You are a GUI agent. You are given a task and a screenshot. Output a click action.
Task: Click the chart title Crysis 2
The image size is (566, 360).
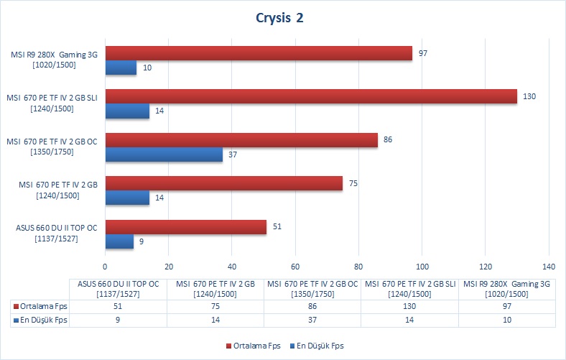click(x=279, y=18)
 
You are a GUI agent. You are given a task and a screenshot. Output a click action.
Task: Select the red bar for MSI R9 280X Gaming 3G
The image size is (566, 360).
click(x=259, y=53)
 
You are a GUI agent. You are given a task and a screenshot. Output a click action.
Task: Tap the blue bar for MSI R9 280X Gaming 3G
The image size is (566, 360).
click(x=121, y=68)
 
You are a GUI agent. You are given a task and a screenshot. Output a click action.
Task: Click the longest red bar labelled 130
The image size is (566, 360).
click(x=311, y=96)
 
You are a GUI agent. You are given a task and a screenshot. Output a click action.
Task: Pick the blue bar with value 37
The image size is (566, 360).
click(x=164, y=154)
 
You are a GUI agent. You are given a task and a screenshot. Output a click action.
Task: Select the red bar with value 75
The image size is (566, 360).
click(x=224, y=183)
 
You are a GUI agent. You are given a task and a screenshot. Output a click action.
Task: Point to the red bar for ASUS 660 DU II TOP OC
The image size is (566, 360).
click(x=186, y=227)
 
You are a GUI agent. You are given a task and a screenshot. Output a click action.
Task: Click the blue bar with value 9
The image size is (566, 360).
click(x=119, y=241)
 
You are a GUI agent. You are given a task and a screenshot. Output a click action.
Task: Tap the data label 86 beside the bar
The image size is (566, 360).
click(x=388, y=139)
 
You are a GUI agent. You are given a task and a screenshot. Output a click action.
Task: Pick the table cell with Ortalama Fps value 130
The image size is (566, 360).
click(x=410, y=306)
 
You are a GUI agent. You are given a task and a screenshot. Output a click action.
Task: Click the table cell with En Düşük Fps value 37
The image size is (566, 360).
click(x=312, y=320)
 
